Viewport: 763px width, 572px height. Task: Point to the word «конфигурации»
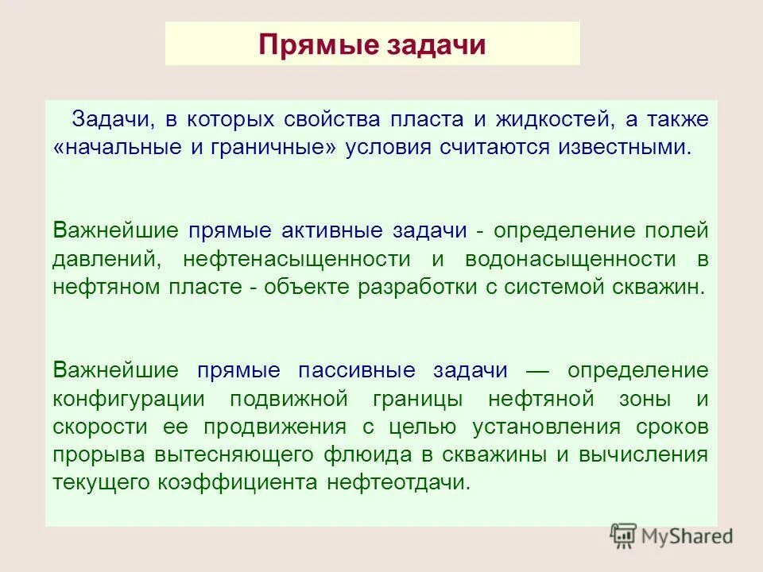click(x=129, y=398)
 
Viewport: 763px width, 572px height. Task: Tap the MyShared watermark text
click(x=688, y=536)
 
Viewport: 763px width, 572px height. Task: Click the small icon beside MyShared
click(x=624, y=536)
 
